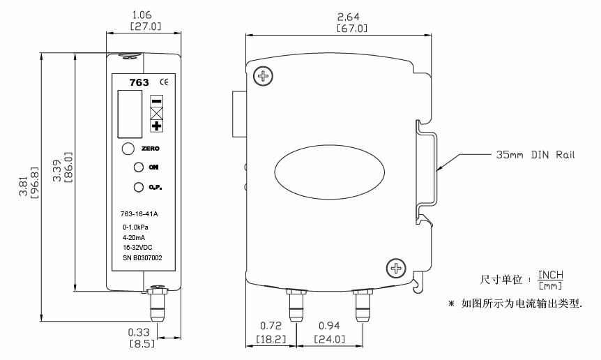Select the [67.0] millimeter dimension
351,29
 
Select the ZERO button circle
128,149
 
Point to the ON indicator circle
138,167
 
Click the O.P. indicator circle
138,187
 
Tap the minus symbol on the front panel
156,100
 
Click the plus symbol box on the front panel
156,126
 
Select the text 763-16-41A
139,216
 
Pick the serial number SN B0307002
142,257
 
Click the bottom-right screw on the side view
395,268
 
